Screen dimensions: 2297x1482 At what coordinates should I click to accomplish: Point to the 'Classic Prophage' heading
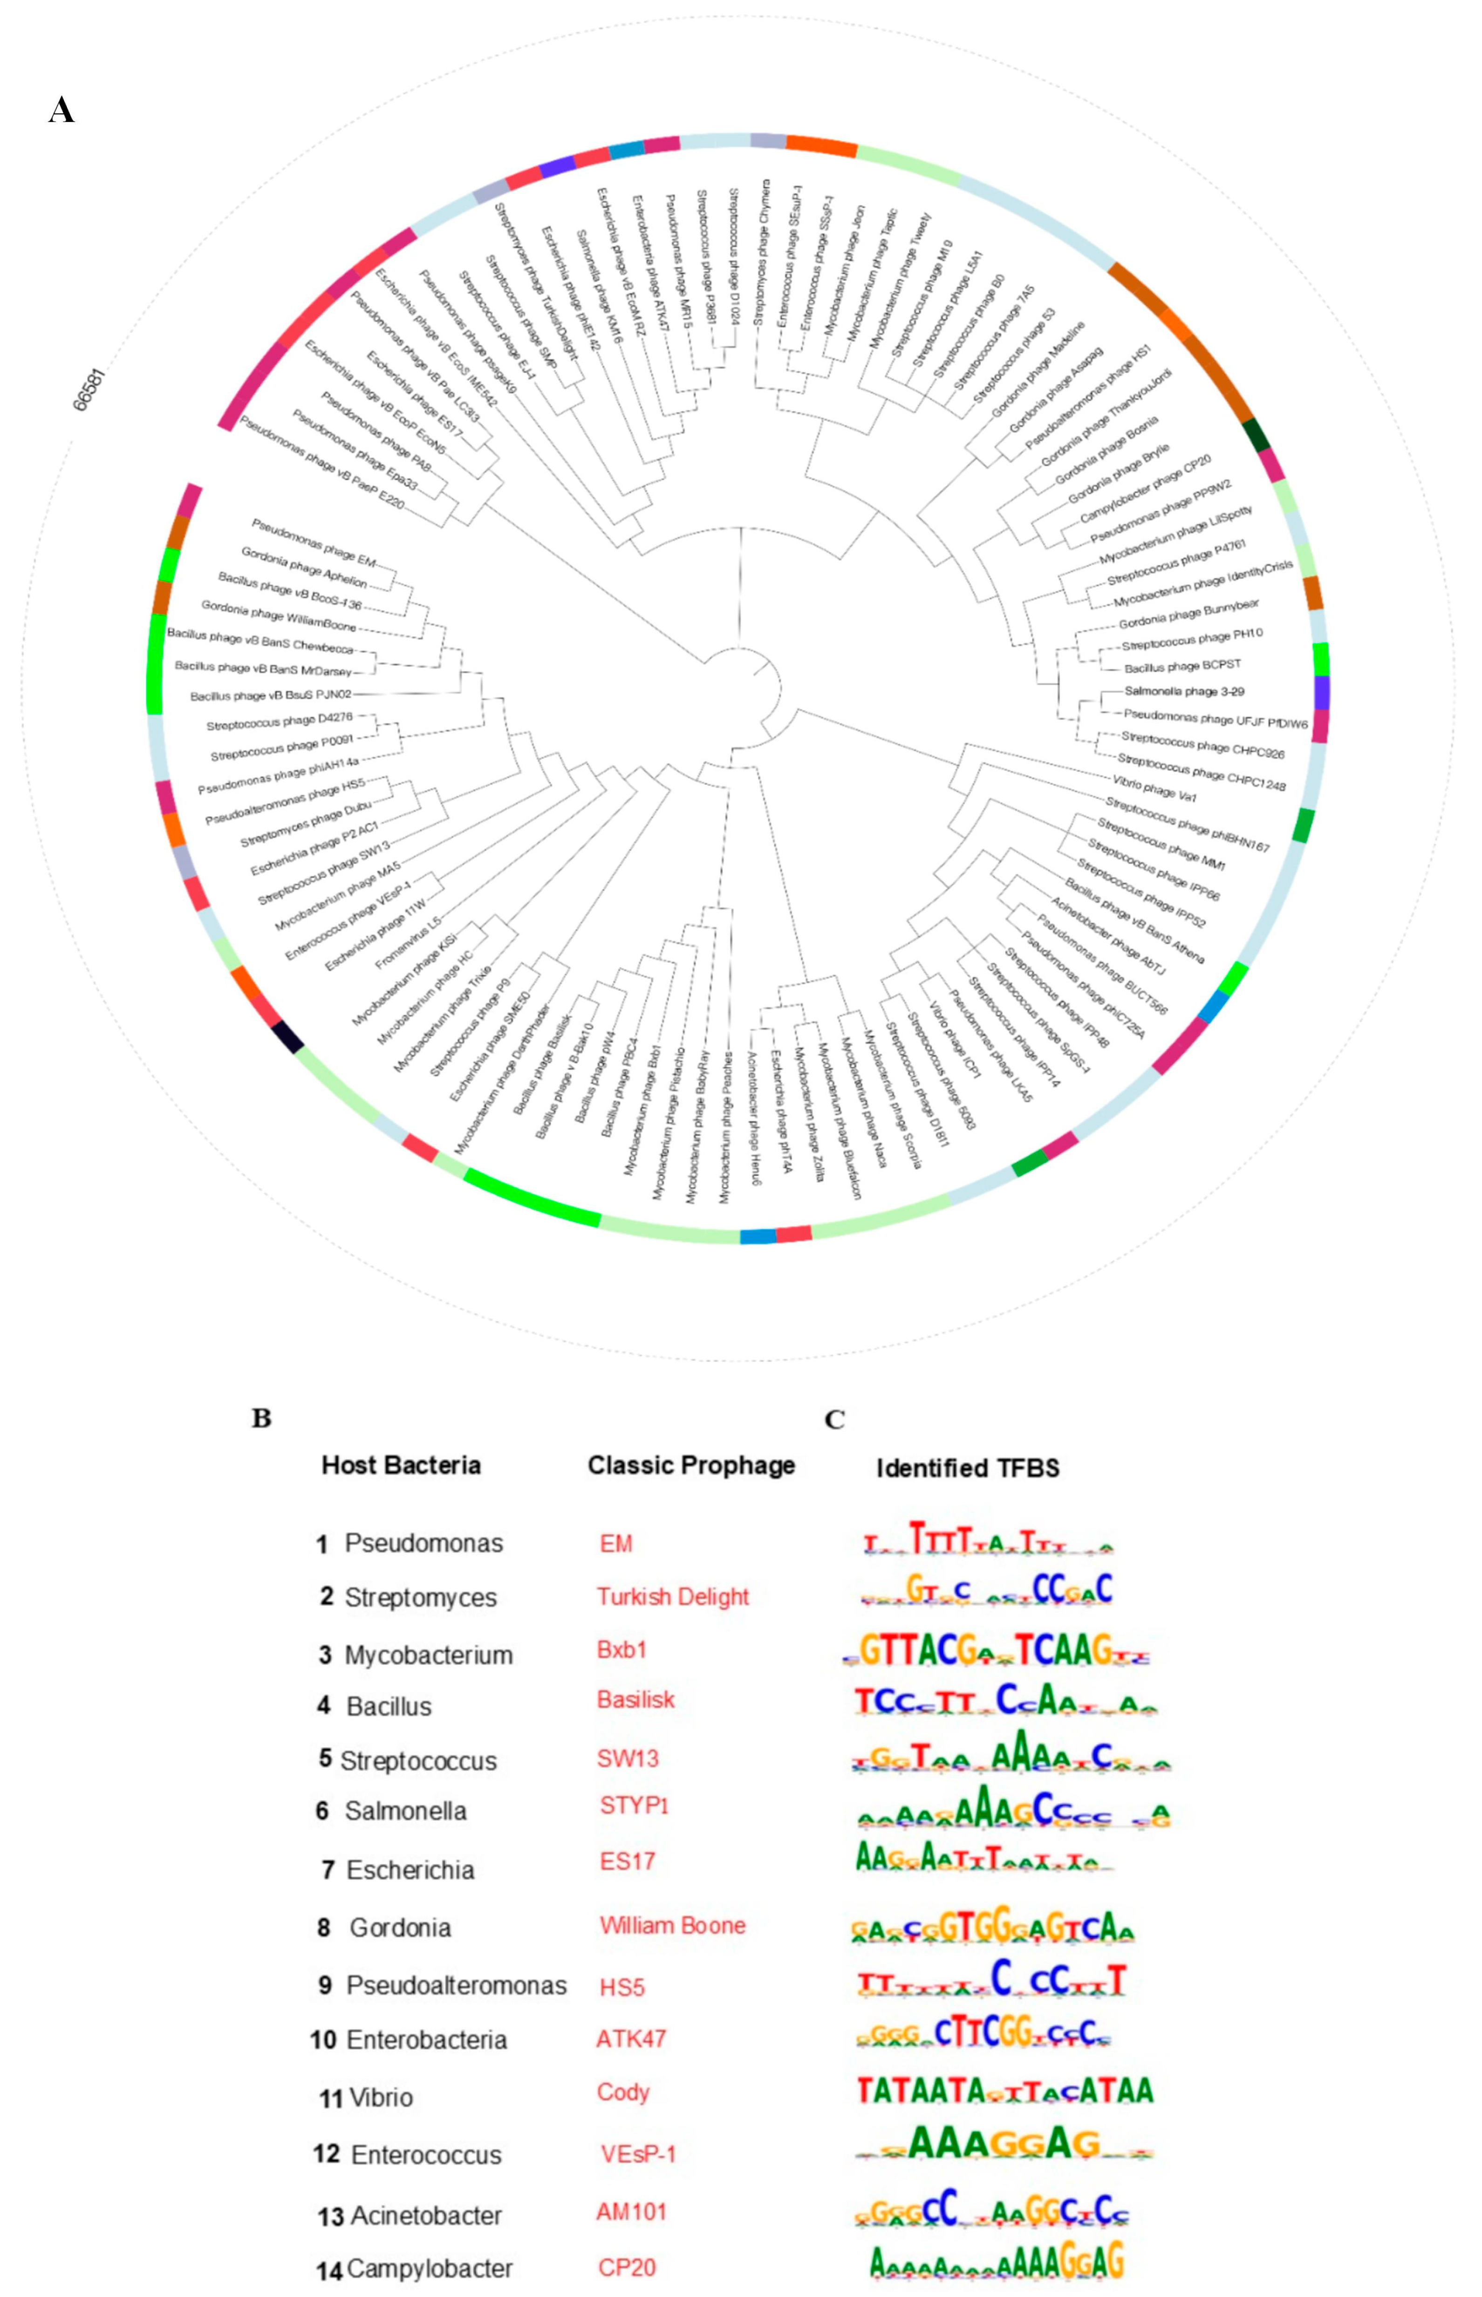coord(691,1465)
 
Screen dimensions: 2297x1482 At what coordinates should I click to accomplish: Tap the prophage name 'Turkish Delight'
coord(673,1596)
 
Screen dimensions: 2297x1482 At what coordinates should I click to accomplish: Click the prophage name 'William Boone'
coord(673,1926)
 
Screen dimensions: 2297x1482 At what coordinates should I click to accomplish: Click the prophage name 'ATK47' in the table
coord(630,2038)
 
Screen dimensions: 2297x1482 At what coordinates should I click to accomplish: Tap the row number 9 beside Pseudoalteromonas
coord(325,1985)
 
